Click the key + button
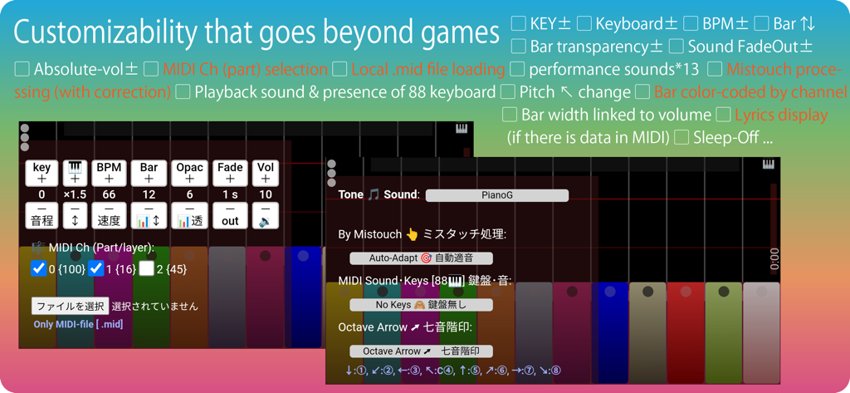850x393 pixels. [42, 172]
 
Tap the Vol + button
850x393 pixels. [265, 172]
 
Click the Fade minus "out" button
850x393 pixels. [230, 216]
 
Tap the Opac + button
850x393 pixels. [190, 172]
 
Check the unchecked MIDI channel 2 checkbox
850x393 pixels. [147, 268]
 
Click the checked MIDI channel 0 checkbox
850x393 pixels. [38, 268]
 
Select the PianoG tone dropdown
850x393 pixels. [496, 195]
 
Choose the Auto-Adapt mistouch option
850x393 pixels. [421, 258]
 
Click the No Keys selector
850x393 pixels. [421, 305]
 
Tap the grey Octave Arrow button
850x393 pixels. [421, 351]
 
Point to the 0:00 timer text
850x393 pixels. [774, 258]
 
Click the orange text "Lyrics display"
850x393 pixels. [781, 115]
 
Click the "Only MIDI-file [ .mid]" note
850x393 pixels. [78, 324]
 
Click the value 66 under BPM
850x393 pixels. [108, 194]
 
